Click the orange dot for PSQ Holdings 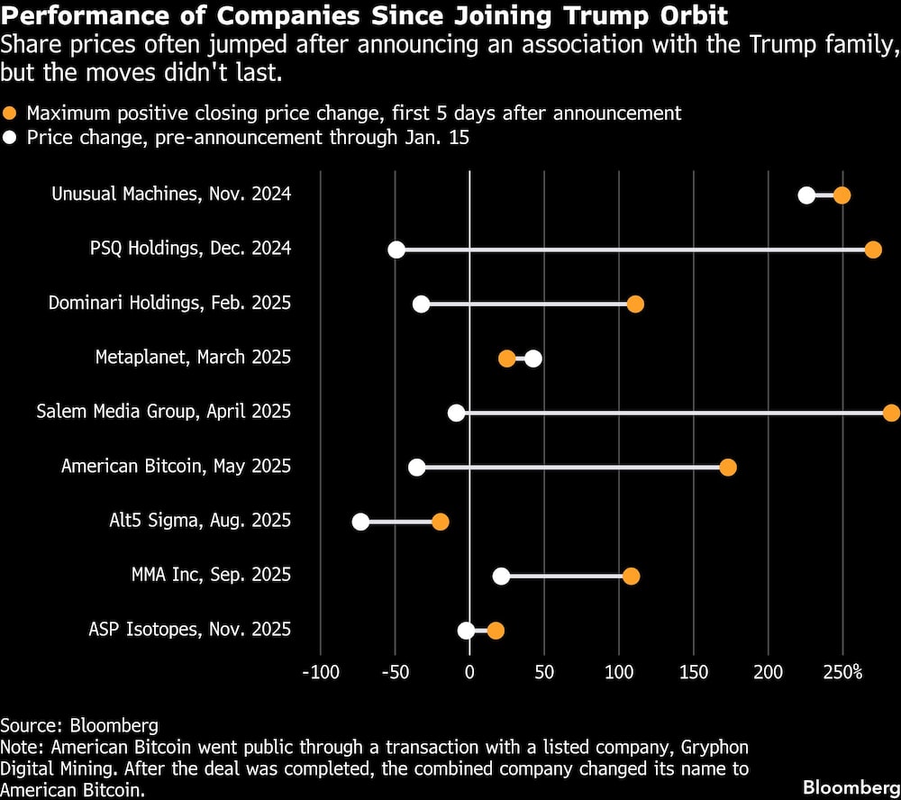(x=873, y=250)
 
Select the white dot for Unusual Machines (x=806, y=195)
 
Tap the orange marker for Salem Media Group (x=891, y=413)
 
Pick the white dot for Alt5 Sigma (x=360, y=522)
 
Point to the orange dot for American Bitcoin (x=728, y=467)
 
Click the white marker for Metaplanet (x=533, y=359)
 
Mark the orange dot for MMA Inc (x=631, y=576)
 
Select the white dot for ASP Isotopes (x=466, y=630)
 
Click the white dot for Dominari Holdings (x=421, y=304)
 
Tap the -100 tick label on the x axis (x=320, y=672)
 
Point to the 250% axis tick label (x=843, y=672)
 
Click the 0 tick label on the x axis (x=469, y=672)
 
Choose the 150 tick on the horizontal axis (x=693, y=672)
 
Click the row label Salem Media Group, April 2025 (x=163, y=412)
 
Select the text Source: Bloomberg (x=79, y=725)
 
